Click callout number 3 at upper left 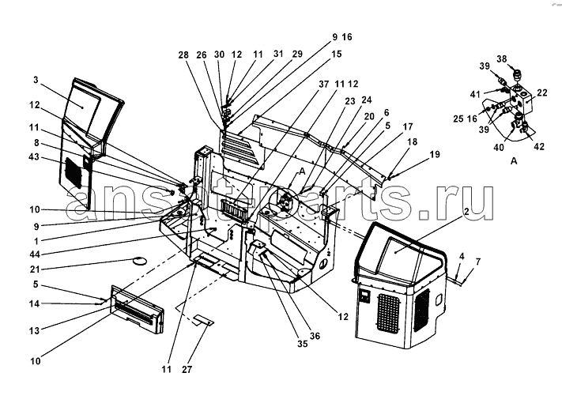(36, 81)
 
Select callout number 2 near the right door (466, 213)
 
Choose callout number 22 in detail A (542, 93)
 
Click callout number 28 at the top (184, 55)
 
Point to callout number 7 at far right (477, 260)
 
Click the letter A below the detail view (515, 160)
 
